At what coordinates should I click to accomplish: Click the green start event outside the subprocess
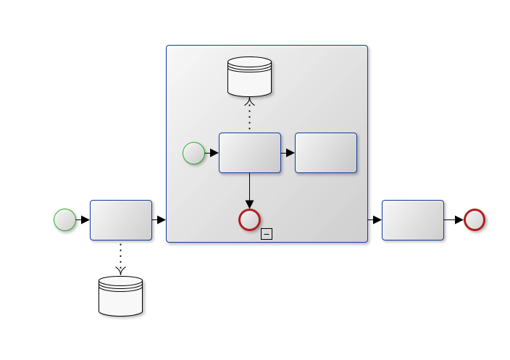[x=64, y=219]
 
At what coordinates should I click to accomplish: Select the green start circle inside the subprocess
[x=193, y=153]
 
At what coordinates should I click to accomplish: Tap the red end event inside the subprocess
[x=249, y=219]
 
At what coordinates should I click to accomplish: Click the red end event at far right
[x=475, y=219]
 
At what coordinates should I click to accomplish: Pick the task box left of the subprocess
[x=121, y=220]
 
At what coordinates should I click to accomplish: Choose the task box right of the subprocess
[x=412, y=220]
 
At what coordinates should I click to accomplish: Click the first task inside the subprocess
[x=250, y=153]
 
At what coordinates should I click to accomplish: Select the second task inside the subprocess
[x=326, y=153]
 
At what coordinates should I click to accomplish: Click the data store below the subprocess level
[x=120, y=296]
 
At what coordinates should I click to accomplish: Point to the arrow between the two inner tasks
[x=288, y=153]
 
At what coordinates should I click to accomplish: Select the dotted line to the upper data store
[x=249, y=114]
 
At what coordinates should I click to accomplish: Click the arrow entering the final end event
[x=453, y=219]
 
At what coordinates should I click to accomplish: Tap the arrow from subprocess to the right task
[x=375, y=219]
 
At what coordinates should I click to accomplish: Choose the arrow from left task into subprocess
[x=159, y=219]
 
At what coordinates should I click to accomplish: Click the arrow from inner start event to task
[x=212, y=153]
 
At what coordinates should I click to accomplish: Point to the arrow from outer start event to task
[x=83, y=219]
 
